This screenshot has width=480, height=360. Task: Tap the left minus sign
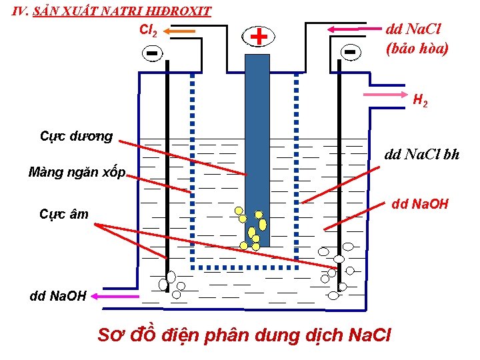[x=153, y=53]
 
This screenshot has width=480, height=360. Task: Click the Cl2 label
[x=148, y=30]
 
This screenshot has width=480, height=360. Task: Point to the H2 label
[x=420, y=101]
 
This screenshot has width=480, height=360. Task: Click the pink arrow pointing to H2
[x=387, y=95]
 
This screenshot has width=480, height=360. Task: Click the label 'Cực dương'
[x=77, y=137]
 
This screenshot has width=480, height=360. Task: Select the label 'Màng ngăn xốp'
[x=77, y=172]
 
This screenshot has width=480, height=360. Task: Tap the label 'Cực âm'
[x=64, y=214]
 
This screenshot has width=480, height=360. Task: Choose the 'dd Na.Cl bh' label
[x=422, y=155]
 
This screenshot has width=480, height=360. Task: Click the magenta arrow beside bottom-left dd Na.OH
[x=117, y=296]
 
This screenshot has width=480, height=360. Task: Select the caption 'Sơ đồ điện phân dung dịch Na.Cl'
[x=244, y=335]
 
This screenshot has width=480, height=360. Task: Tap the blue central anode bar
[x=257, y=133]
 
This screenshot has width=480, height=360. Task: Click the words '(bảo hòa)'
[x=417, y=48]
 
